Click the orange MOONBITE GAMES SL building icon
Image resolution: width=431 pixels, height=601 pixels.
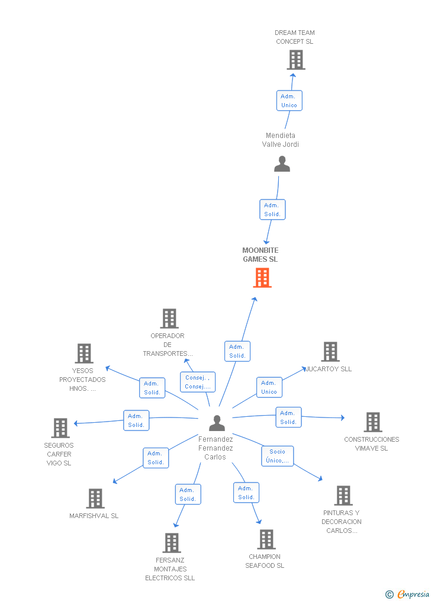point(262,278)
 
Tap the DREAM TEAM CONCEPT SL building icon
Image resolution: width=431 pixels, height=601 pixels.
point(296,60)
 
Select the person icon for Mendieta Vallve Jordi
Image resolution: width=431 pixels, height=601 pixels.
point(282,164)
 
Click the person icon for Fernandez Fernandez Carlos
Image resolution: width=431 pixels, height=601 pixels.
point(217,423)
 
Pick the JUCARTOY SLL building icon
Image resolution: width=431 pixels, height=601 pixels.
point(330,352)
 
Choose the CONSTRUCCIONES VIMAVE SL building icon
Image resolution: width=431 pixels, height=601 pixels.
point(373,422)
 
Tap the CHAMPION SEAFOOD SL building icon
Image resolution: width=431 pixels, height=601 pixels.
point(266,539)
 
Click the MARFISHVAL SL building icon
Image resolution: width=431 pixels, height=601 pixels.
point(95,499)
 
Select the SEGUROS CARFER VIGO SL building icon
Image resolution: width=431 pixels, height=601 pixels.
point(60,428)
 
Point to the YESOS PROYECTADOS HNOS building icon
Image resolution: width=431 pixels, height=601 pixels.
point(84,353)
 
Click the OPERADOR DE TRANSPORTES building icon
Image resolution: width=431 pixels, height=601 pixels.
point(169,319)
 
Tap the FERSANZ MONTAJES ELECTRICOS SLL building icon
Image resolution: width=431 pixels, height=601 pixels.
point(172,543)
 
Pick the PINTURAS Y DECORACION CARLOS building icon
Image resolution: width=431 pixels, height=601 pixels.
point(343,496)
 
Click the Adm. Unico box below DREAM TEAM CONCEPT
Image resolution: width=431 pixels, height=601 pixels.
point(289,101)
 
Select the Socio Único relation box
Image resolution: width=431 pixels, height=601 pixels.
point(278,456)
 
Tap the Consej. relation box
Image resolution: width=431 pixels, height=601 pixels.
point(197,382)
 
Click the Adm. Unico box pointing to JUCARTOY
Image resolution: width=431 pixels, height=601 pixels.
point(269,387)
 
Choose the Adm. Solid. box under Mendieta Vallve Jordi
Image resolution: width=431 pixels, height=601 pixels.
point(272,210)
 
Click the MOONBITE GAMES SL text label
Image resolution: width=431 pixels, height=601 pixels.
point(260,255)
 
